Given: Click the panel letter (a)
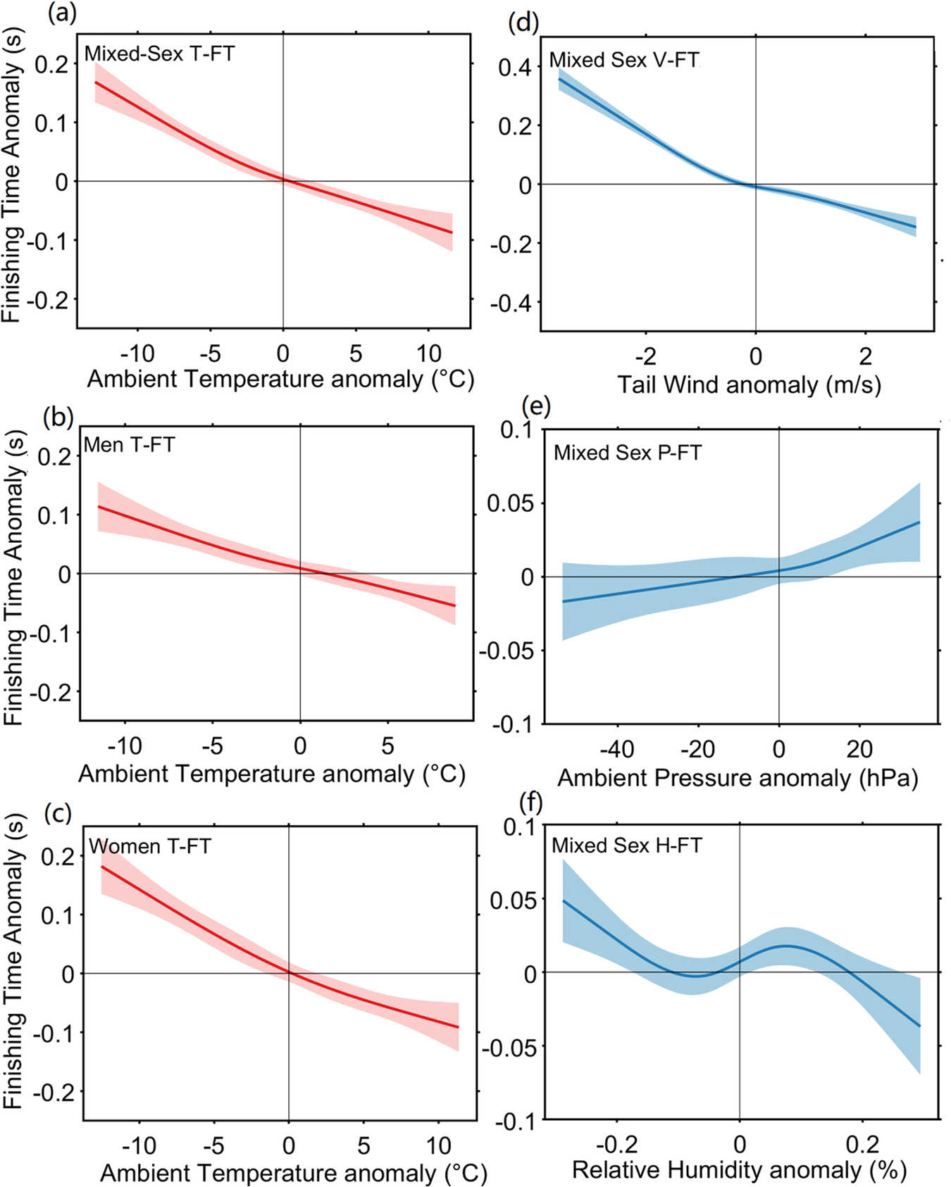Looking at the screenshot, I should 62,13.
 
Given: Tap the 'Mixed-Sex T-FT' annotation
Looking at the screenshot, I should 159,54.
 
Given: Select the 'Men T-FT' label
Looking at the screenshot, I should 129,445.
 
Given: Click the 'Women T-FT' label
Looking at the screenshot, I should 150,846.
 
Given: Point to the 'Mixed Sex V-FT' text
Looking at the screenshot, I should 624,61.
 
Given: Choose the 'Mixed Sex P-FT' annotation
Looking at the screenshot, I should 628,453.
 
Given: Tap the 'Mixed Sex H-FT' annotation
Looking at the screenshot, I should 627,845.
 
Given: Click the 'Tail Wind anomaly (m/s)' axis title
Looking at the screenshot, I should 749,385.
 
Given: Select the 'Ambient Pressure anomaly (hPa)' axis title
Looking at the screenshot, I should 738,778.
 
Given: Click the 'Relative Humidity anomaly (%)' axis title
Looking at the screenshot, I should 739,1170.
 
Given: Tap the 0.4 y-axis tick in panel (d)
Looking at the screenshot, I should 515,68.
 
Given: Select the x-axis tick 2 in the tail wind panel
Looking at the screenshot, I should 865,356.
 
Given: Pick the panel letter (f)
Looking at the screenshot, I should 530,801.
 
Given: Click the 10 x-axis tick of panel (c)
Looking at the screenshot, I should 438,1145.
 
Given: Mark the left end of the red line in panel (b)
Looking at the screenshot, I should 99,506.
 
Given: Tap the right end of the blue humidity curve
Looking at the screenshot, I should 919,1026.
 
